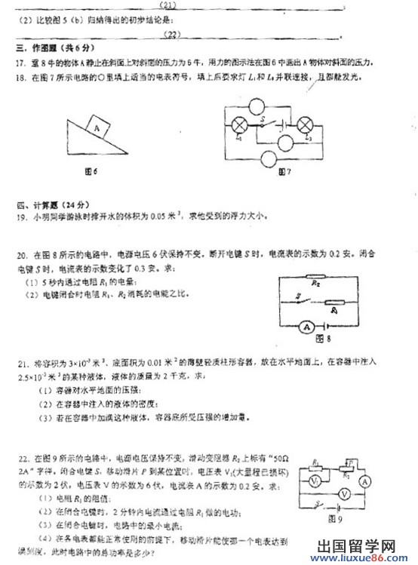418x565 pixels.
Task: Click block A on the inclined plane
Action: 97,128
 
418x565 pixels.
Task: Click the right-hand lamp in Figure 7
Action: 306,123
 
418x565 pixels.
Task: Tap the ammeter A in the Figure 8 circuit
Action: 308,326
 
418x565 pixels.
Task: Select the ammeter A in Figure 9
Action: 364,481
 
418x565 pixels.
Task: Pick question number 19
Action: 20,216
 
